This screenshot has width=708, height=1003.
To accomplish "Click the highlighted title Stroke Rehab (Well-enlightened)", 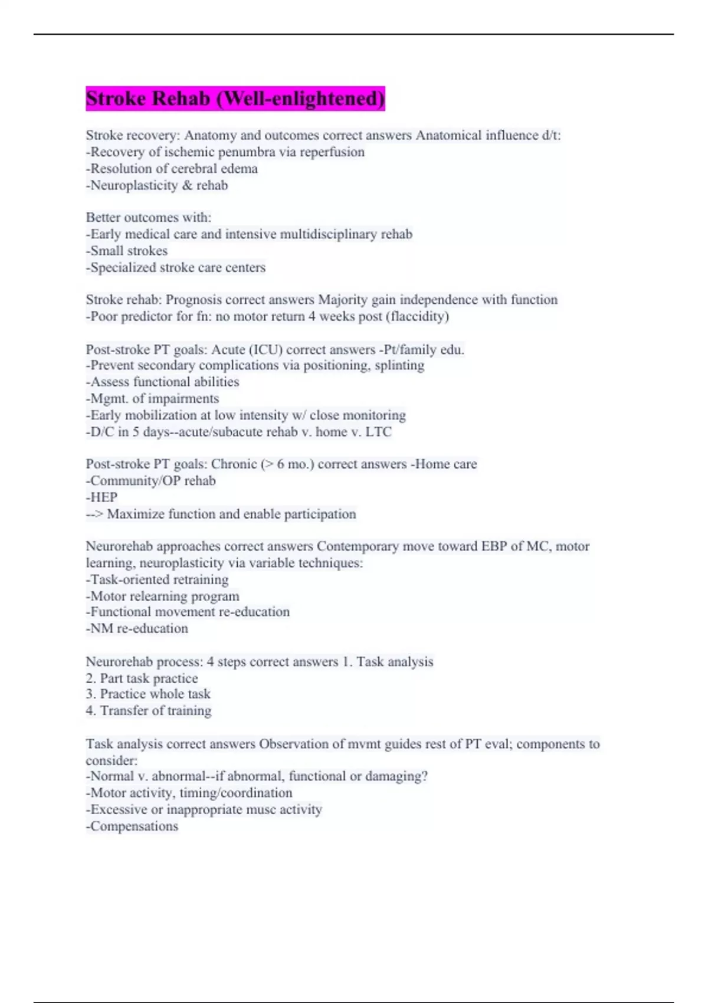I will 235,99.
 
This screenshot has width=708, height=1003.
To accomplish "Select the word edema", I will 239,169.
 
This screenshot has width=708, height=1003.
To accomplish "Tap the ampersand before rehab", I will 187,185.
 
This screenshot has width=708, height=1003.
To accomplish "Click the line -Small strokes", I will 127,251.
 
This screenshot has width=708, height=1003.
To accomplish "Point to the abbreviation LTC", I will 378,432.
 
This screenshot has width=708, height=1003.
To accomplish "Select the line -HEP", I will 101,497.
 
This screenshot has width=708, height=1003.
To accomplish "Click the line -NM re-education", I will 137,628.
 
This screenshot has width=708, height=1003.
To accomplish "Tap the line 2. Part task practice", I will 142,678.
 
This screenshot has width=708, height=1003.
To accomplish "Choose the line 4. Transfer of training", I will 148,711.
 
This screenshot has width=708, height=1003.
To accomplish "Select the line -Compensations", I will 132,826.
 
